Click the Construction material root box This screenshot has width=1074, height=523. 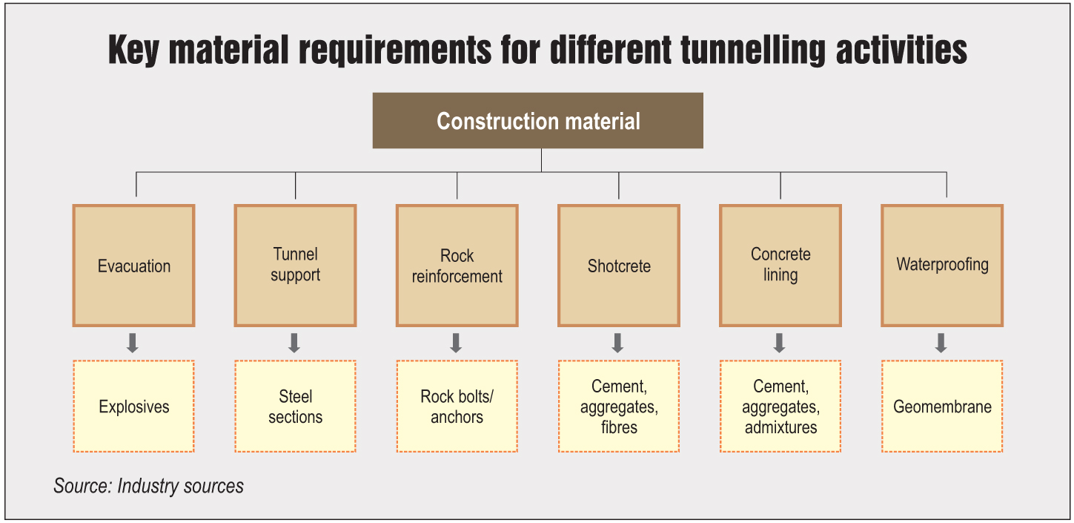pyautogui.click(x=537, y=120)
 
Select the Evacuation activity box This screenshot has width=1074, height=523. pyautogui.click(x=133, y=266)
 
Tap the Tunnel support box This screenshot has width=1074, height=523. pyautogui.click(x=295, y=266)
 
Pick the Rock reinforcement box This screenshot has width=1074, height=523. pyautogui.click(x=457, y=266)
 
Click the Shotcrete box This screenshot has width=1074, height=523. pyautogui.click(x=618, y=266)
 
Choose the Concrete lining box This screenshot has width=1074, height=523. pyautogui.click(x=780, y=266)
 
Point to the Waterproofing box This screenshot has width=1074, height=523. pyautogui.click(x=942, y=266)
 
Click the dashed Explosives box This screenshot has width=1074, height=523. pyautogui.click(x=133, y=407)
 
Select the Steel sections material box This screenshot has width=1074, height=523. pyautogui.click(x=295, y=407)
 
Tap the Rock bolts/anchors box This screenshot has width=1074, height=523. pyautogui.click(x=457, y=407)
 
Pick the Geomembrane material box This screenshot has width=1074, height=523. pyautogui.click(x=942, y=407)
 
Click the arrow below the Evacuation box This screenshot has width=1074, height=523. pyautogui.click(x=133, y=343)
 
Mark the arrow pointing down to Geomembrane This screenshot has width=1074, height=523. pyautogui.click(x=941, y=343)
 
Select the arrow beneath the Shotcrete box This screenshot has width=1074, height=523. pyautogui.click(x=617, y=343)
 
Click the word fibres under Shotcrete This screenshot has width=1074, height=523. pyautogui.click(x=619, y=427)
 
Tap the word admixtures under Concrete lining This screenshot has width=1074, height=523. pyautogui.click(x=780, y=427)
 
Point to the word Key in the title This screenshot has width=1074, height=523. pyautogui.click(x=133, y=50)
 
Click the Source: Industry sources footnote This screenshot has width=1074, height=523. pyautogui.click(x=149, y=486)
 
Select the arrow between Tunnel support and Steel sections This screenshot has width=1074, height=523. pyautogui.click(x=294, y=343)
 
